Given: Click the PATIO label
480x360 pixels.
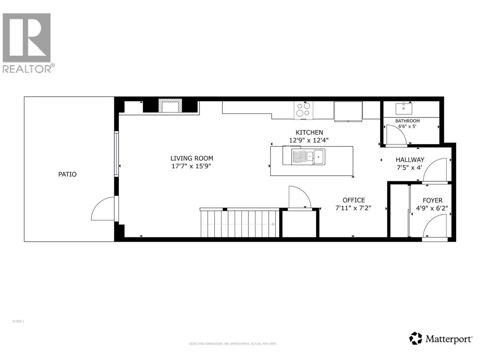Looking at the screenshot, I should [67, 174].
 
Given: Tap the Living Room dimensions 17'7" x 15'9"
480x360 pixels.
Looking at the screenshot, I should [191, 166].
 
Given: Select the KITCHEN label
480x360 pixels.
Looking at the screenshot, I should [309, 132].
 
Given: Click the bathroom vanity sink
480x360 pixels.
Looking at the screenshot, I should [403, 108].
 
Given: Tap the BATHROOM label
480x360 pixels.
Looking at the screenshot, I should [407, 121].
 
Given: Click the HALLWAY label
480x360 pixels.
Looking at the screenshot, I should [410, 160].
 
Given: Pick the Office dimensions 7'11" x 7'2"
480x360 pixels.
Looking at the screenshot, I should [353, 208].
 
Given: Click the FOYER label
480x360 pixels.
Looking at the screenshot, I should [432, 200].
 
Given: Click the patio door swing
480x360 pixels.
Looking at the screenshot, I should [102, 209].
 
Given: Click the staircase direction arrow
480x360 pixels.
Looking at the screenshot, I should [273, 224].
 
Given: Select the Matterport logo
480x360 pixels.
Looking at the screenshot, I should [441, 339].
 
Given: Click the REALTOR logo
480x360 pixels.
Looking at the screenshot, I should [27, 42].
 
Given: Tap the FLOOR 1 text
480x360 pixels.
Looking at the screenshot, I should [18, 321].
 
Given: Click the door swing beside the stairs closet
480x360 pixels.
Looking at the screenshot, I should [298, 197].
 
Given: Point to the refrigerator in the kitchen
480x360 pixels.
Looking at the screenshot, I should [348, 111].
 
